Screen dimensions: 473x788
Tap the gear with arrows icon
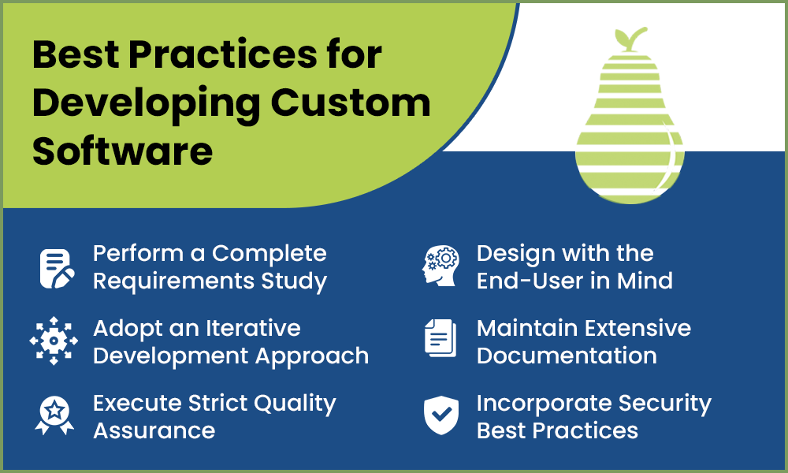(x=54, y=341)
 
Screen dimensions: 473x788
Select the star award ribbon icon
(x=54, y=415)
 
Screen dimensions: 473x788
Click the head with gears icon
(x=440, y=266)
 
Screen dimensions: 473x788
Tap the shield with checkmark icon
(x=440, y=415)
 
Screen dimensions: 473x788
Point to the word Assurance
(x=154, y=430)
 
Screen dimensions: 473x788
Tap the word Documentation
(x=567, y=356)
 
